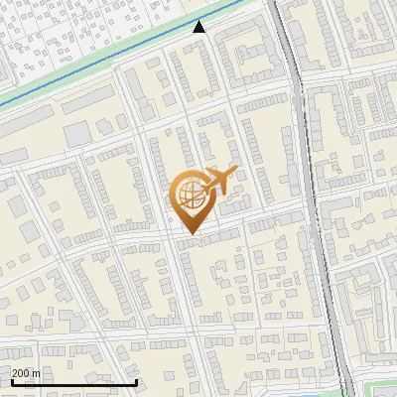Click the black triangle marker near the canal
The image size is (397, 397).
(x=199, y=27)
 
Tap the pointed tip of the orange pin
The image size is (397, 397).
(x=190, y=234)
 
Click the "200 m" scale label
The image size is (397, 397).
(x=26, y=372)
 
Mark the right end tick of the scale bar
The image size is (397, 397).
(x=136, y=381)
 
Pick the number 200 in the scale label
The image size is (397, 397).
(x=21, y=372)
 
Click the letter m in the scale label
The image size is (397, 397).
(x=36, y=373)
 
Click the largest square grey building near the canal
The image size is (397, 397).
(x=76, y=133)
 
